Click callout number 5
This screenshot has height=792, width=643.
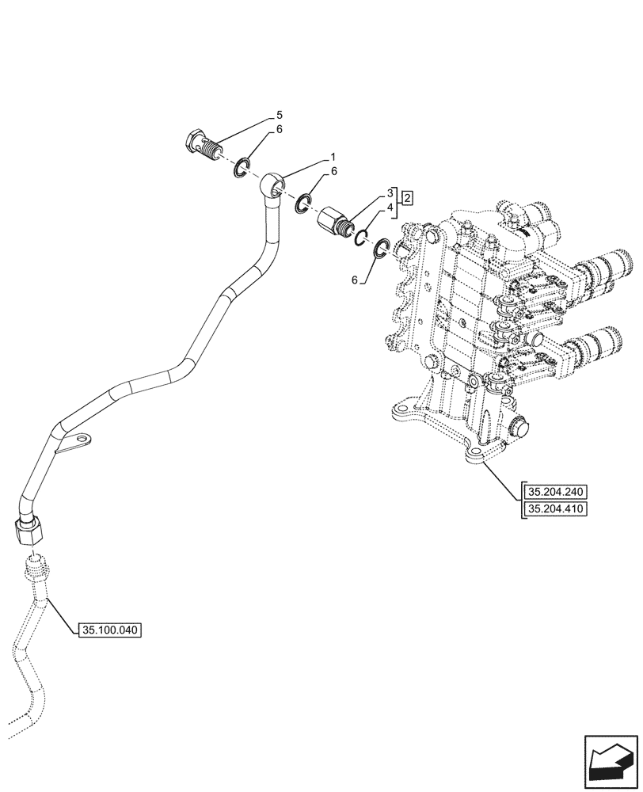click(x=280, y=114)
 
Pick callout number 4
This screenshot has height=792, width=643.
click(x=390, y=208)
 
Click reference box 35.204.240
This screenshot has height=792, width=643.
click(x=554, y=491)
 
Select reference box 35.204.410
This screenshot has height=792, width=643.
click(x=554, y=509)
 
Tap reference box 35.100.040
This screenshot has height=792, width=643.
click(x=109, y=630)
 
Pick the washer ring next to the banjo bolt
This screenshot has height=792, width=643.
click(x=242, y=168)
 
